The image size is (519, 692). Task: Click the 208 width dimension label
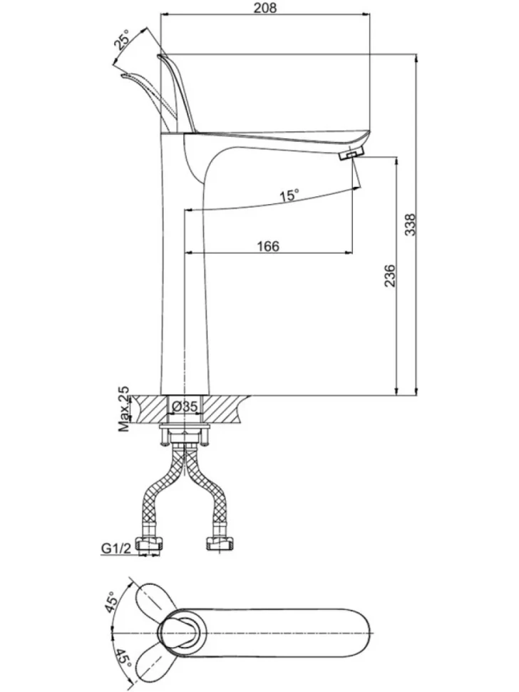click(266, 8)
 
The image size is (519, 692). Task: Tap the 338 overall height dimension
click(410, 225)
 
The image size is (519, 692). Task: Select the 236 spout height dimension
click(390, 276)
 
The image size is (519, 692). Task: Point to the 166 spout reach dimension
click(268, 246)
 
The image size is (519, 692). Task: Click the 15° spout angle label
click(289, 195)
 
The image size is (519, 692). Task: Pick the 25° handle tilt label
click(122, 40)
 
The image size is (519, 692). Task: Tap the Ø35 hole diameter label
click(185, 407)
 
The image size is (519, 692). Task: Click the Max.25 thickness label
click(125, 409)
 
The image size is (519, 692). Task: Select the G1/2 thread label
click(117, 548)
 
